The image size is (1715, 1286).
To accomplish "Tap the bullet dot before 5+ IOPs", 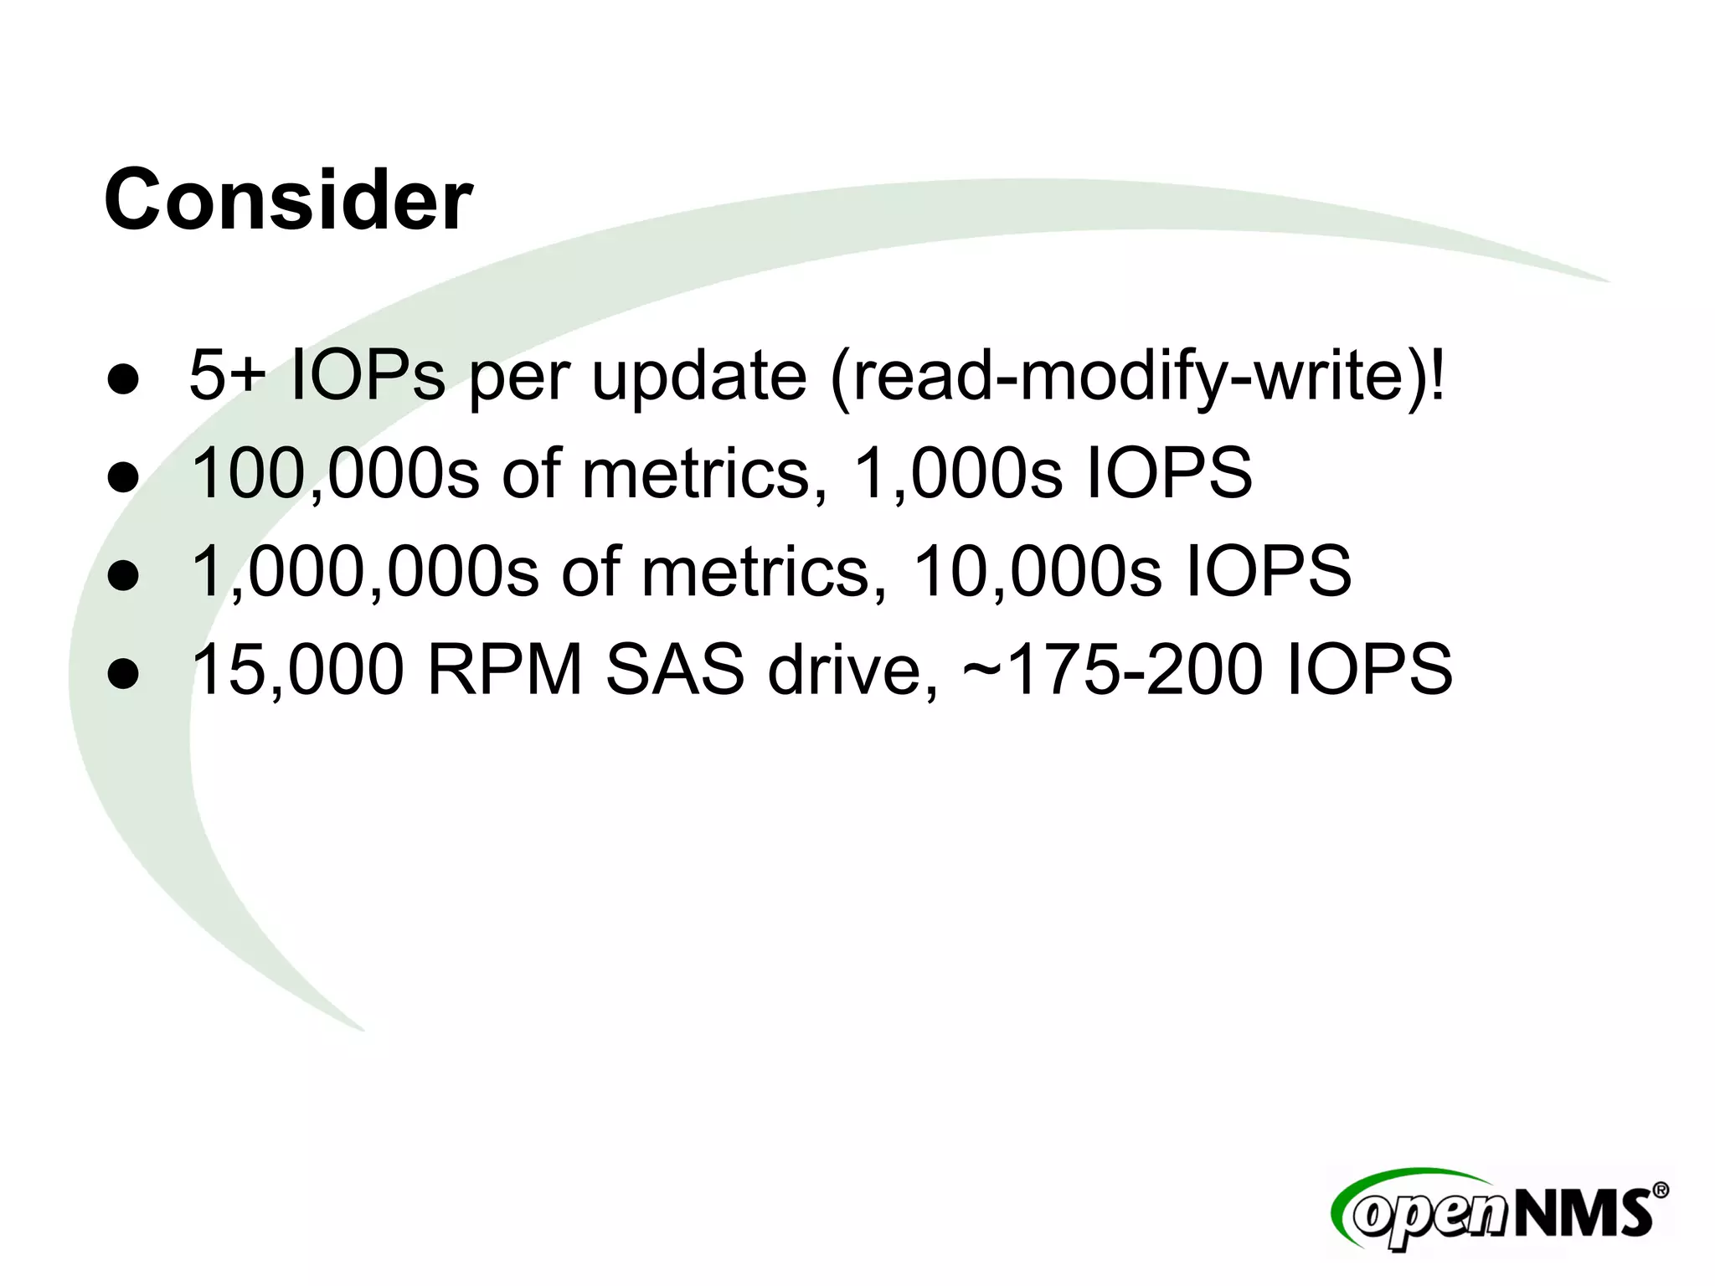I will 123,379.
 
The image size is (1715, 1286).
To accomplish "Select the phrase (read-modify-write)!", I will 1137,378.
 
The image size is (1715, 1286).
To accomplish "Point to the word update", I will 698,376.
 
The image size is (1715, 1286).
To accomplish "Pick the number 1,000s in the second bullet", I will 955,474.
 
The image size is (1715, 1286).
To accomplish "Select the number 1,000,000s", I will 365,572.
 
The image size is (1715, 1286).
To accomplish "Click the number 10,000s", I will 1037,572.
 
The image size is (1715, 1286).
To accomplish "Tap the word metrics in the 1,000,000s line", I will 755,572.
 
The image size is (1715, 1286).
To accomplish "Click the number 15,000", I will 298,670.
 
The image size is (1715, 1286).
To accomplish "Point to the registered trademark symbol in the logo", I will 1661,1190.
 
